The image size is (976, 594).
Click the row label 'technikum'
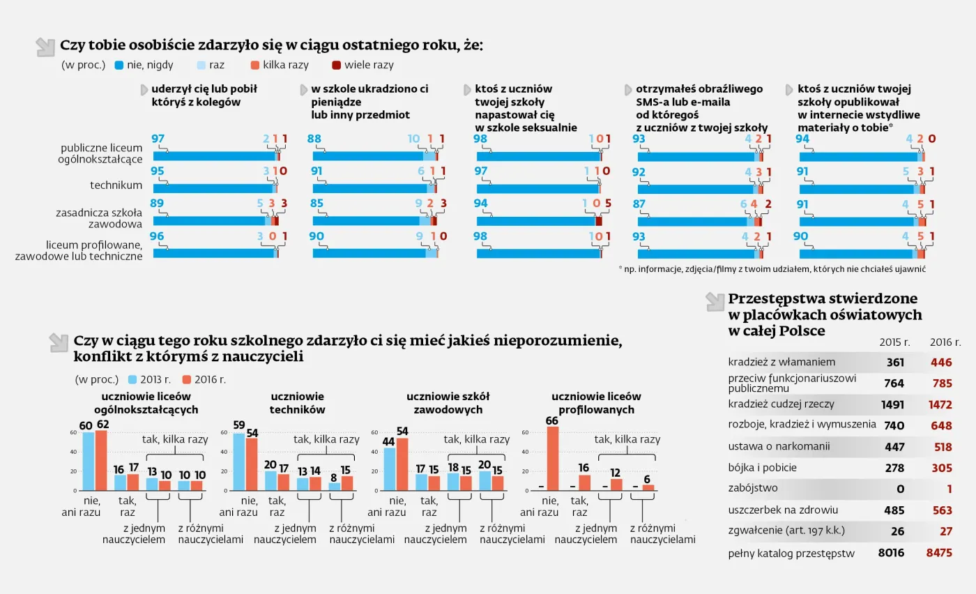(x=116, y=185)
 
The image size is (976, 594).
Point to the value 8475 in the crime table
(x=938, y=553)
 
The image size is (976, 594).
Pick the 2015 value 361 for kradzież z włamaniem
(x=895, y=363)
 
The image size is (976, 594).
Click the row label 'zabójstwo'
(x=753, y=488)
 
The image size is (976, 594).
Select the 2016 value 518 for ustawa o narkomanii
(x=940, y=447)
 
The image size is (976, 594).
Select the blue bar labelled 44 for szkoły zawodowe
(x=390, y=469)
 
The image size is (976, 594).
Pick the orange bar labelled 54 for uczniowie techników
(x=252, y=464)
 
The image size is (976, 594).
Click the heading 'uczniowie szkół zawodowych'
(x=445, y=403)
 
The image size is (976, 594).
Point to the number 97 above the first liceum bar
(x=158, y=139)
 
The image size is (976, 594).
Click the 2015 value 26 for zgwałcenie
(x=897, y=531)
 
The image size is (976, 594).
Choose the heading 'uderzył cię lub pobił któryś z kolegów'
(x=204, y=96)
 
